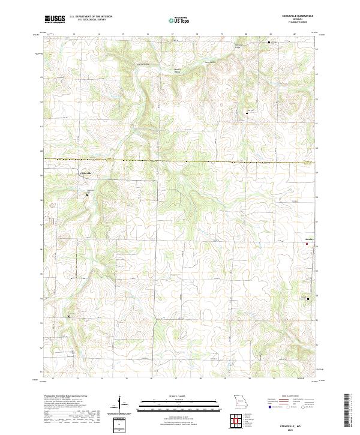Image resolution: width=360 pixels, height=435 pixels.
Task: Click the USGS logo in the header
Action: click(55, 20)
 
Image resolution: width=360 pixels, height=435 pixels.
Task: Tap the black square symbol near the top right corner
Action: click(269, 43)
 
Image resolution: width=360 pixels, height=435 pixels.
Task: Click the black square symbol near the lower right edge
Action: click(308, 298)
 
